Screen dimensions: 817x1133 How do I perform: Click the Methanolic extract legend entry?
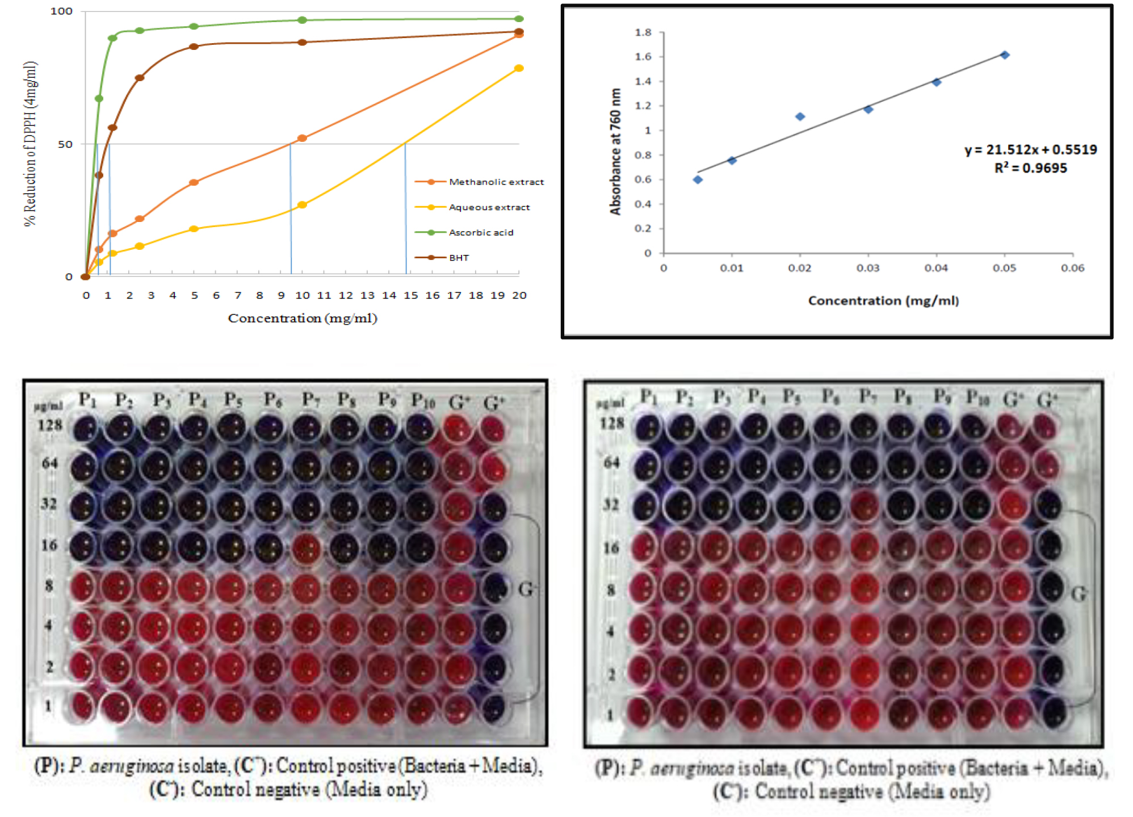point(496,182)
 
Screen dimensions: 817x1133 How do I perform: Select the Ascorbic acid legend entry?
point(481,232)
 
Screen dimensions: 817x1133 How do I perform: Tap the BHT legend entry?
point(459,258)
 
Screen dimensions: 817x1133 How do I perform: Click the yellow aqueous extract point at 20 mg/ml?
point(518,68)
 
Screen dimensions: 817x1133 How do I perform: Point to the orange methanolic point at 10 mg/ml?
point(302,138)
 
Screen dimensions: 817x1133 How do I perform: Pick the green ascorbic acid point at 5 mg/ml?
point(194,26)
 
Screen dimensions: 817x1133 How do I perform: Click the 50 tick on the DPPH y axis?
point(65,144)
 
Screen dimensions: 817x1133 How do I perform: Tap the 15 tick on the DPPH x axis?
point(410,295)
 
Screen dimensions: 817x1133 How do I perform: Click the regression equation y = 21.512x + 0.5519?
point(1030,149)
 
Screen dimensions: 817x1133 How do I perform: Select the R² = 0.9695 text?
point(1030,168)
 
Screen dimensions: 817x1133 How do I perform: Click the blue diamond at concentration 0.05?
point(1005,55)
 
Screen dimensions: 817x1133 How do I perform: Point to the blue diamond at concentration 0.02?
point(800,116)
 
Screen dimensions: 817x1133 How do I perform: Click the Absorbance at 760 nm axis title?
point(615,152)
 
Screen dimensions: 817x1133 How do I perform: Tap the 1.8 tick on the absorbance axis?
point(643,32)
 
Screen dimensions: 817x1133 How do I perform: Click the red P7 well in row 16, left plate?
point(307,547)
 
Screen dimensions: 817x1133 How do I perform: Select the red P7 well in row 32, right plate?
point(865,504)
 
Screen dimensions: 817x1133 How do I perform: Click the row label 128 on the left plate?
point(50,425)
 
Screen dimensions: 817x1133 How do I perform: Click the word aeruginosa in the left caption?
point(132,766)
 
